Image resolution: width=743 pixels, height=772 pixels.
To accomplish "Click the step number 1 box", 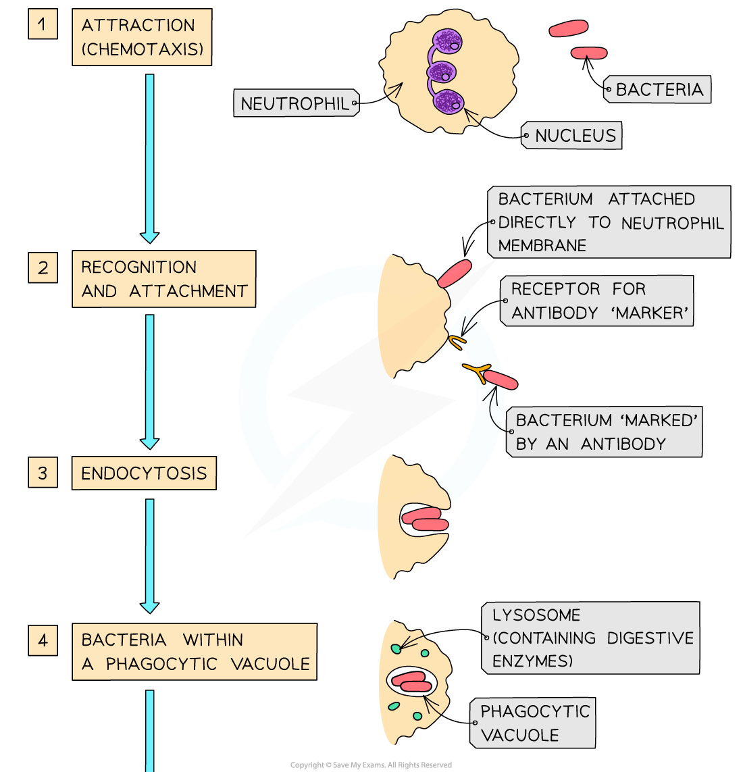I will [x=43, y=25].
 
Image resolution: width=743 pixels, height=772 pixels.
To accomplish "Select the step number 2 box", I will [x=43, y=267].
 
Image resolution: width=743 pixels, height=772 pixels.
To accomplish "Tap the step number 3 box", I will [x=43, y=472].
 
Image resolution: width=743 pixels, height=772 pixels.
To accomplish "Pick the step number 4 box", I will [x=43, y=639].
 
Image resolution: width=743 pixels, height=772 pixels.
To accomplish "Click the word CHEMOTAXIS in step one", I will [x=143, y=49].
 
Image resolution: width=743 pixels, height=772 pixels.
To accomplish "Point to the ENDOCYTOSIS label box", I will [x=144, y=473].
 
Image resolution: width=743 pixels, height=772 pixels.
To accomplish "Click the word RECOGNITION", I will [x=139, y=267].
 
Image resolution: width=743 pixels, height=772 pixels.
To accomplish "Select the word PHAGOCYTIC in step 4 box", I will [x=161, y=664].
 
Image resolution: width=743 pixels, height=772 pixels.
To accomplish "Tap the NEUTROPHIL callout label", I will [x=295, y=104].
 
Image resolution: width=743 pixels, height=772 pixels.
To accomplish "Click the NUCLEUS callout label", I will [x=575, y=136].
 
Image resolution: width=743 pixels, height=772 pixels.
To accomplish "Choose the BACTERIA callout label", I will [x=659, y=89].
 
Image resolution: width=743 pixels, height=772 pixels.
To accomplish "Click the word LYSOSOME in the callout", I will [x=536, y=615].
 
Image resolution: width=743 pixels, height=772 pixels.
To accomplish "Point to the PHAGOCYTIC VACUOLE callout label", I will [x=534, y=723].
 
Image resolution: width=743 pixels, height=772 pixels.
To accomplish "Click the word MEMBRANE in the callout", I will [x=542, y=245].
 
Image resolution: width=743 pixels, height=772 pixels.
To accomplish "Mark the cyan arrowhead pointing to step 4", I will [x=149, y=607].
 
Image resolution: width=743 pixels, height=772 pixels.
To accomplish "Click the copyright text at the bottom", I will [x=371, y=765].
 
